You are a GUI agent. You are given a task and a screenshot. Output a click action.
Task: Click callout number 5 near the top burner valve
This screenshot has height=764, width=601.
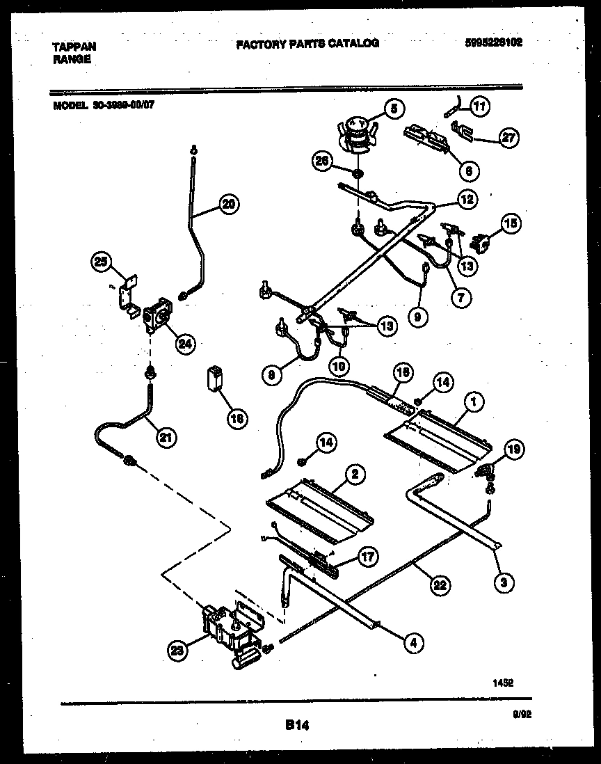coord(394,109)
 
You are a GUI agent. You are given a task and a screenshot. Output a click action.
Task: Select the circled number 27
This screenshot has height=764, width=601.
coord(509,138)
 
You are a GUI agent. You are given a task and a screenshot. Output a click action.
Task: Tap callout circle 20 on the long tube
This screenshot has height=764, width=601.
coord(228,204)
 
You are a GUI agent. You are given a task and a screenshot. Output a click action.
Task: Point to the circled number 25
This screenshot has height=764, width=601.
coord(102,262)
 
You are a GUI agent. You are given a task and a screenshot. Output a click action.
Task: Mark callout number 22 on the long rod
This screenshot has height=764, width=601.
coord(439,584)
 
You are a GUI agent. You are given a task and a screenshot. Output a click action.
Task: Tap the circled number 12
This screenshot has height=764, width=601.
coord(467,199)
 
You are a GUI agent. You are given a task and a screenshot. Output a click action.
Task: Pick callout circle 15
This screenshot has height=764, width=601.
coord(511,223)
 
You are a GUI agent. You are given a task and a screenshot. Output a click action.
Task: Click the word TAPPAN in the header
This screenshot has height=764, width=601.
coord(74,47)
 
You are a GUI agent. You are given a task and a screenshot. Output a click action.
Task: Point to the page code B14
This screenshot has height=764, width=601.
coord(297,725)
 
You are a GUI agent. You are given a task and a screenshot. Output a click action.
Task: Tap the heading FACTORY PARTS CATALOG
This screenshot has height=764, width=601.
coord(307,43)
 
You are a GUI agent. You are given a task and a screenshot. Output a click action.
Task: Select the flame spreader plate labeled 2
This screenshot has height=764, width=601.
coord(320,511)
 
